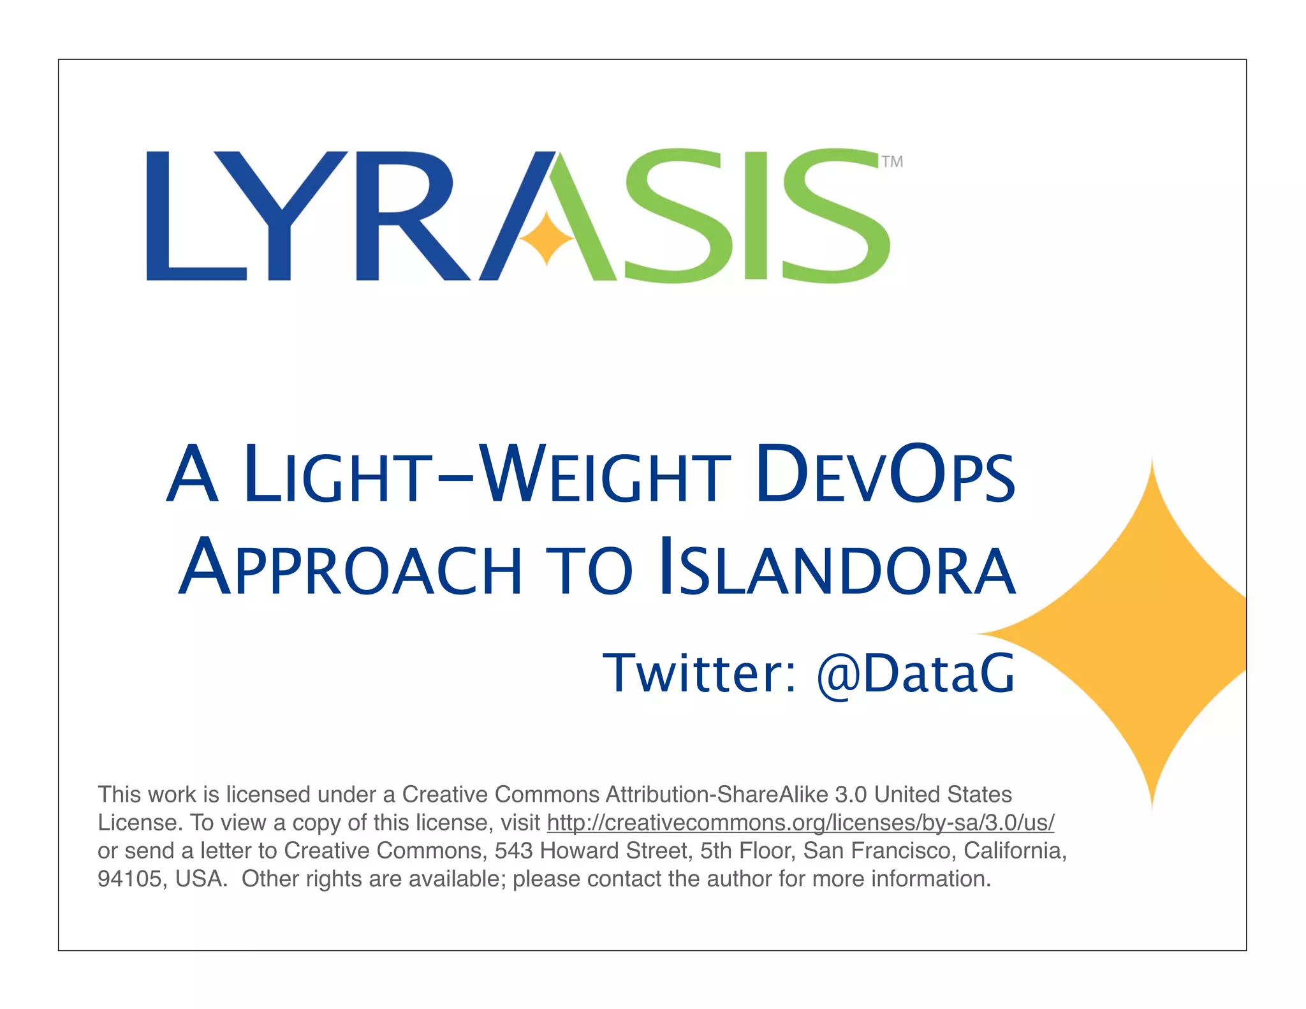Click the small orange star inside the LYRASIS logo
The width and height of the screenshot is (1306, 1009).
(547, 238)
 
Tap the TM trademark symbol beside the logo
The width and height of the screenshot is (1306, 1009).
(892, 162)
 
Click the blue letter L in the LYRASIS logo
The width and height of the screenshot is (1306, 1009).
(191, 217)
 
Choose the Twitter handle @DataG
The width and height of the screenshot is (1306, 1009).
(916, 674)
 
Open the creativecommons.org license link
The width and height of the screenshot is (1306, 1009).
(800, 823)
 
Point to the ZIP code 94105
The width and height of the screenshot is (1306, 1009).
(129, 879)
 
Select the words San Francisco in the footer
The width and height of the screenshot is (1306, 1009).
(879, 851)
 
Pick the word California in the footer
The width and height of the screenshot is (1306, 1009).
(1015, 851)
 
